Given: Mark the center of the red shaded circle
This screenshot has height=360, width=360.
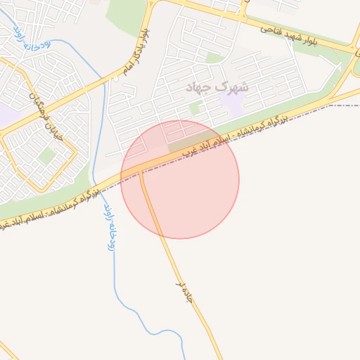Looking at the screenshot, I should click(x=180, y=179).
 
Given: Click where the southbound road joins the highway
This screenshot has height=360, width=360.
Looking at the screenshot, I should click(x=141, y=171).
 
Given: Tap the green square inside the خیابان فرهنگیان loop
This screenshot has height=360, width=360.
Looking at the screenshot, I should click(x=47, y=155).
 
